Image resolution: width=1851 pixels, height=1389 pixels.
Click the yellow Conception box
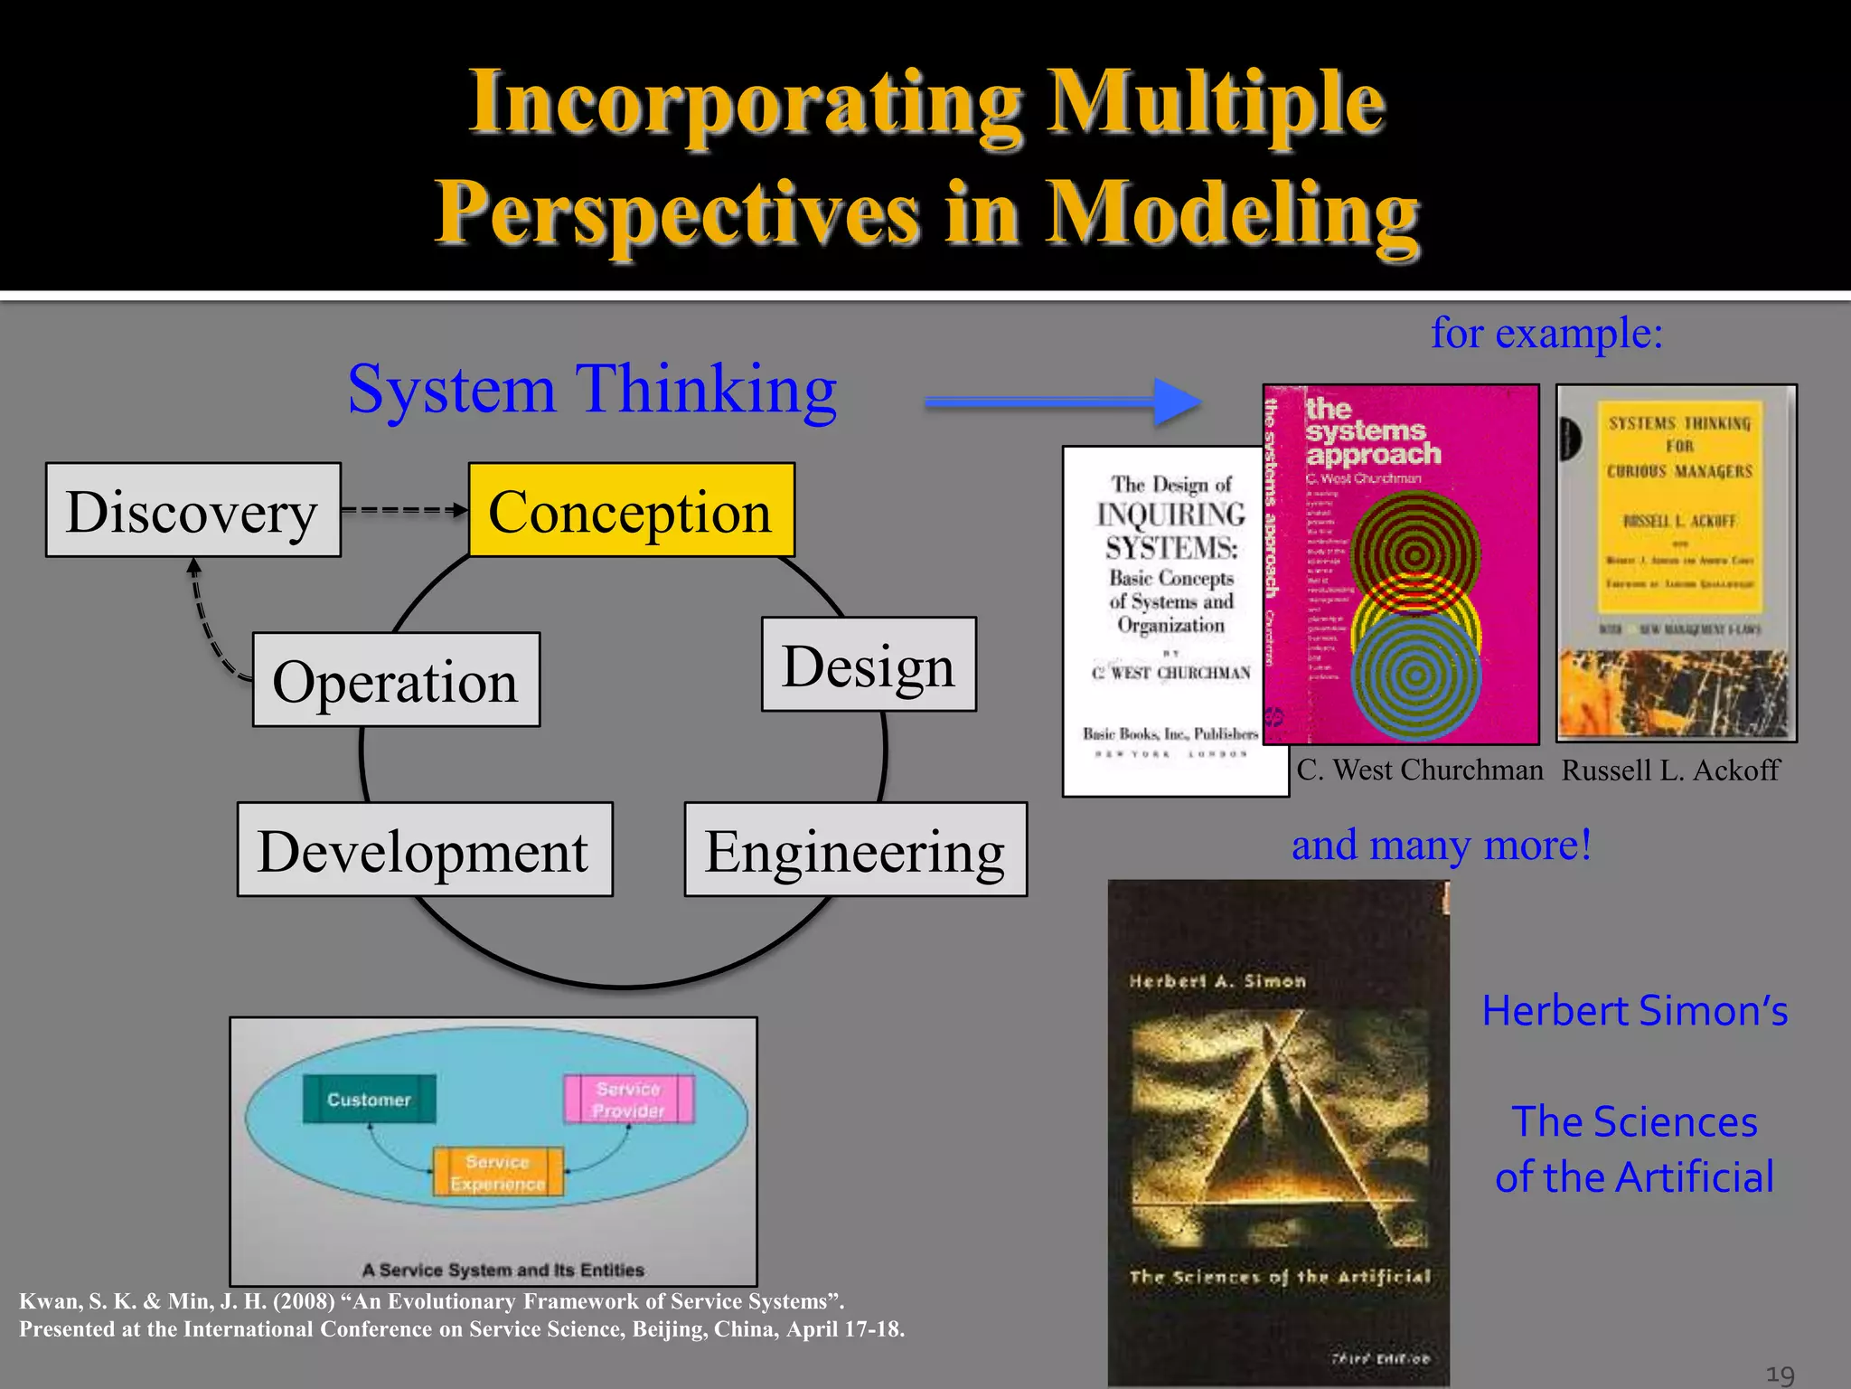coord(631,510)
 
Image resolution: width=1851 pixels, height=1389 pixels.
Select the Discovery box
coord(193,510)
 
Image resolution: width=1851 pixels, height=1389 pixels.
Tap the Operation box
coord(396,680)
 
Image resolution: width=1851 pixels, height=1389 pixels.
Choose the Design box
coord(868,665)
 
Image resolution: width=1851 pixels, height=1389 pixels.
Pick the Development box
coord(424,850)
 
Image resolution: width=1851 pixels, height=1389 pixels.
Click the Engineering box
coord(855,850)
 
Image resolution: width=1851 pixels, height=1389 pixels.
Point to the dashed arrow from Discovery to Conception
coord(404,510)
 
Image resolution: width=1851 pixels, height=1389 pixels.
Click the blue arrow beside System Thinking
coord(1062,402)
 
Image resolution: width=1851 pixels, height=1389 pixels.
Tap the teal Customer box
coord(369,1100)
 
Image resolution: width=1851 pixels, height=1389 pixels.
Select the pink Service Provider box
coord(629,1100)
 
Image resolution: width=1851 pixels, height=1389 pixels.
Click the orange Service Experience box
coord(498,1173)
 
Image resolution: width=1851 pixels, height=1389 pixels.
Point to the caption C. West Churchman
coord(1419,770)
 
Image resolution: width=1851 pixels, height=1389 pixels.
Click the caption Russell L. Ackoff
coord(1670,770)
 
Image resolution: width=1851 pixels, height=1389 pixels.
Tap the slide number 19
coord(1780,1375)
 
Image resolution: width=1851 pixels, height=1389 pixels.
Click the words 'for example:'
coord(1546,333)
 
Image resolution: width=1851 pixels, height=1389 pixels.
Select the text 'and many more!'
coord(1441,845)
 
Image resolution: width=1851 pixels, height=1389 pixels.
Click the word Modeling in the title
coord(1233,213)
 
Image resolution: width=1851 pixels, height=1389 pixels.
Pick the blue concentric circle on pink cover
coord(1415,675)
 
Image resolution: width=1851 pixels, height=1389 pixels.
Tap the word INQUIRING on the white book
coord(1171,515)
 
